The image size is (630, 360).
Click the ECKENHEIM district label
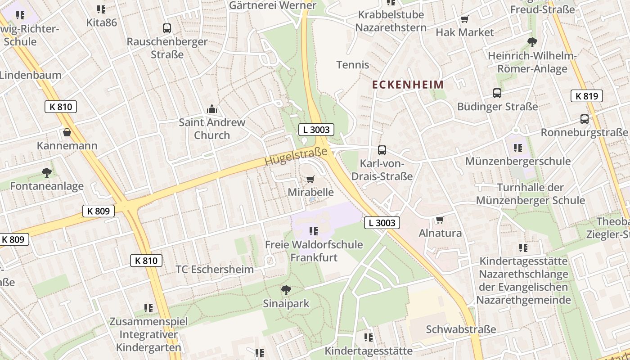tap(408, 85)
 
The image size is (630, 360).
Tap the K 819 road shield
tap(586, 96)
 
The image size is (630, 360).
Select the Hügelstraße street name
tap(296, 157)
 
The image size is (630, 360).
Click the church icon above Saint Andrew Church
tap(211, 109)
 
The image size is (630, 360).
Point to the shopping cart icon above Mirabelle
tap(310, 180)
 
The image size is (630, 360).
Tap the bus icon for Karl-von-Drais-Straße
tap(382, 150)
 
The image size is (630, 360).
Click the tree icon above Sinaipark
tap(286, 290)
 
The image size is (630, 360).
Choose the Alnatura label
tap(440, 233)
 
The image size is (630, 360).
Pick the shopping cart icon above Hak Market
tap(464, 19)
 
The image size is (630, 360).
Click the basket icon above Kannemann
tap(67, 132)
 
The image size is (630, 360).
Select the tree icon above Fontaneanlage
tap(46, 172)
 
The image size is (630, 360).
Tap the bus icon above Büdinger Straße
tap(497, 93)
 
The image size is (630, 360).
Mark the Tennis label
tap(353, 65)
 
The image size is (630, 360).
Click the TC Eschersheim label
tap(215, 270)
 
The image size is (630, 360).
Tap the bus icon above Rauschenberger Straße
tap(167, 28)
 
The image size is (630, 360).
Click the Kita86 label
tap(102, 22)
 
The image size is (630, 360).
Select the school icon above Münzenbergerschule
tap(517, 148)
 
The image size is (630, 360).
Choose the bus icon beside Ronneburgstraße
tap(584, 119)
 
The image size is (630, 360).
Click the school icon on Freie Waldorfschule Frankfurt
tap(314, 231)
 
